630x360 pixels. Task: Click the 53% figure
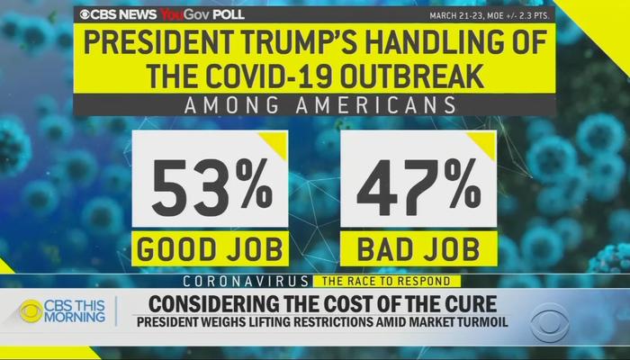[x=210, y=185]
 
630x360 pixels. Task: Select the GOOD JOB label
[x=209, y=247]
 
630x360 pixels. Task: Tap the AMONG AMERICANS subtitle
[x=315, y=106]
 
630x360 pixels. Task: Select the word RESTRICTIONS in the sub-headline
[x=328, y=322]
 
